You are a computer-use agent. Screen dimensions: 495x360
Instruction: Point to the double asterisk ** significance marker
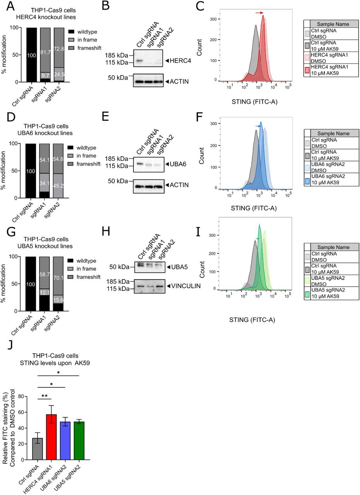pyautogui.click(x=44, y=396)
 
